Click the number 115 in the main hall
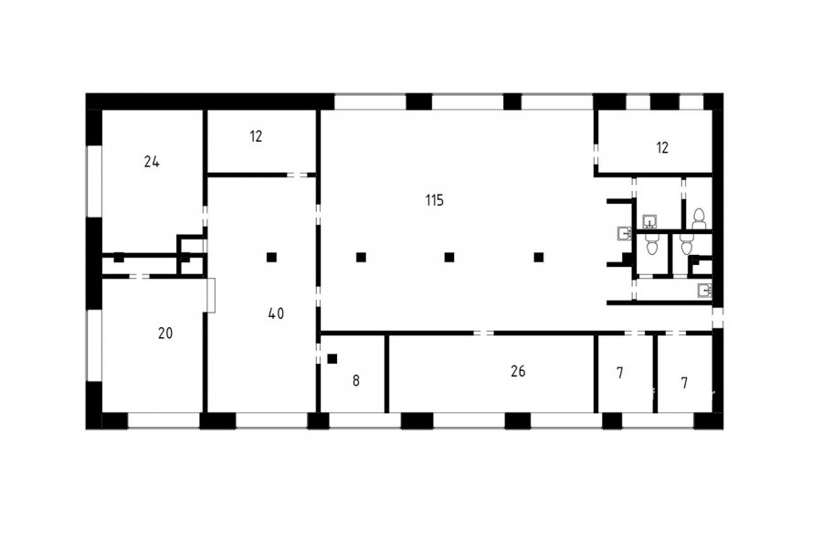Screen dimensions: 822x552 click(x=435, y=200)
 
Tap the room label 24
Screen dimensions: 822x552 click(x=152, y=162)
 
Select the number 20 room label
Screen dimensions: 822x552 click(x=165, y=334)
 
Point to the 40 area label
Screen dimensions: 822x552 click(x=276, y=313)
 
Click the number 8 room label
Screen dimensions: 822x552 click(x=356, y=381)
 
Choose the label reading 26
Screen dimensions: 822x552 click(x=518, y=371)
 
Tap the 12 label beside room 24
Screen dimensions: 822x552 click(x=256, y=136)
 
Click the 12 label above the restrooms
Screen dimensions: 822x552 click(x=663, y=148)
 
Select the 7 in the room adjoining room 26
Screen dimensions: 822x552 click(x=620, y=373)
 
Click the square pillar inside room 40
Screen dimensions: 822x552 click(x=271, y=257)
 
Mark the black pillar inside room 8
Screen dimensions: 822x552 click(x=332, y=359)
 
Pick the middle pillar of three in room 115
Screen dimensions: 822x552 click(x=449, y=257)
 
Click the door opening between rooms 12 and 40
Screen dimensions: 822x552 click(x=297, y=175)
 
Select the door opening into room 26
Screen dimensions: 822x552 click(x=483, y=334)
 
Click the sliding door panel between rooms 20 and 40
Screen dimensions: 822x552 click(x=211, y=295)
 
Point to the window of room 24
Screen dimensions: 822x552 click(x=94, y=180)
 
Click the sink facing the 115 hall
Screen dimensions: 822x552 click(x=625, y=232)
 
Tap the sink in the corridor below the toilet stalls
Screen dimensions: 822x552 click(x=704, y=290)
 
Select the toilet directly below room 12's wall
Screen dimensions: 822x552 click(x=699, y=218)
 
